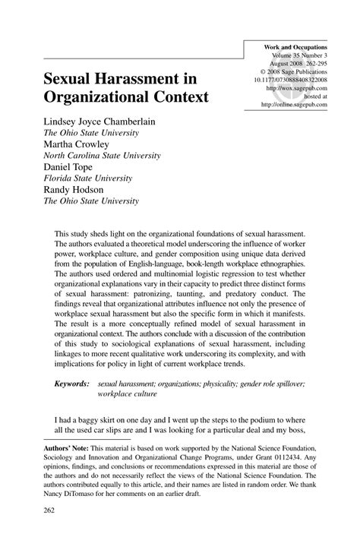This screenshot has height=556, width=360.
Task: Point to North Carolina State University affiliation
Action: coord(101,156)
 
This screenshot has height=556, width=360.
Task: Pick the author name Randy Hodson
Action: coord(75,190)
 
